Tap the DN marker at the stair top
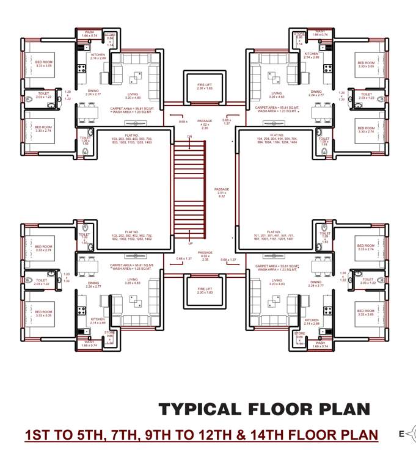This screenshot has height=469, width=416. [x=190, y=136]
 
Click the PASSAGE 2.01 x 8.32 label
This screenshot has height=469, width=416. [x=222, y=192]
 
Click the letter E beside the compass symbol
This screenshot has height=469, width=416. [x=401, y=434]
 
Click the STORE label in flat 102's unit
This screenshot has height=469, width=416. [x=110, y=335]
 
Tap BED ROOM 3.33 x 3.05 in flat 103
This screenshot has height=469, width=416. [x=43, y=64]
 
